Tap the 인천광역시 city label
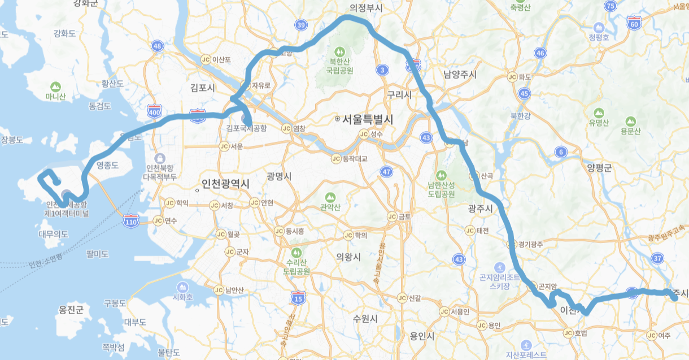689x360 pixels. pyautogui.click(x=225, y=184)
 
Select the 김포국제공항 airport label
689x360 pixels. pyautogui.click(x=246, y=128)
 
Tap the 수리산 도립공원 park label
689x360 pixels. pyautogui.click(x=296, y=267)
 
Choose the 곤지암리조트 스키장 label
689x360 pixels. pyautogui.click(x=499, y=281)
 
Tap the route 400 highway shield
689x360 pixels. pyautogui.click(x=154, y=112)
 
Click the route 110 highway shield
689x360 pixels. pyautogui.click(x=131, y=222)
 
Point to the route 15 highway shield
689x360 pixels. pyautogui.click(x=298, y=297)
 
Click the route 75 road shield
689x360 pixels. pyautogui.click(x=610, y=6)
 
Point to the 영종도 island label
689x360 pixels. pyautogui.click(x=107, y=166)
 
